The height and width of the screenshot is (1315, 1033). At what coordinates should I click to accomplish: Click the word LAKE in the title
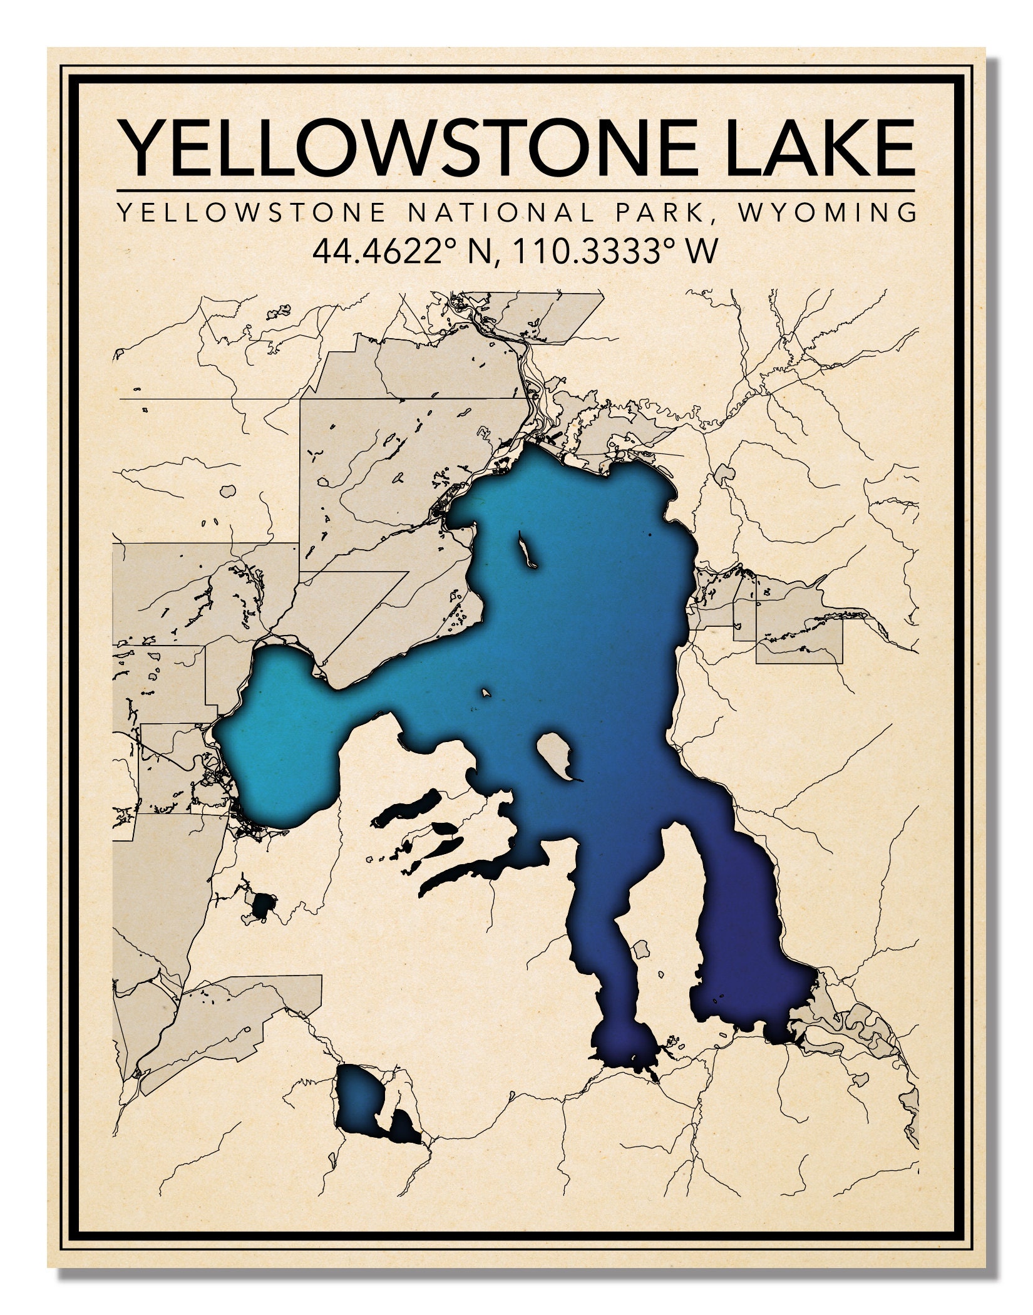tap(820, 149)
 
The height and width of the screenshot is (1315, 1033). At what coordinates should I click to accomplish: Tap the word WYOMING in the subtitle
tap(828, 213)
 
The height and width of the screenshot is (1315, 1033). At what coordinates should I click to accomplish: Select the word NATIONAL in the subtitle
tap(501, 213)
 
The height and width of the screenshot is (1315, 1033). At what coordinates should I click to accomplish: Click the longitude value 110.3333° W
tap(614, 252)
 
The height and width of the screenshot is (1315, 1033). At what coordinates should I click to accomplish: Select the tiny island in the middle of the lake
tap(485, 693)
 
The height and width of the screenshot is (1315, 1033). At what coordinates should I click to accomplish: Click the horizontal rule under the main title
tap(515, 190)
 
